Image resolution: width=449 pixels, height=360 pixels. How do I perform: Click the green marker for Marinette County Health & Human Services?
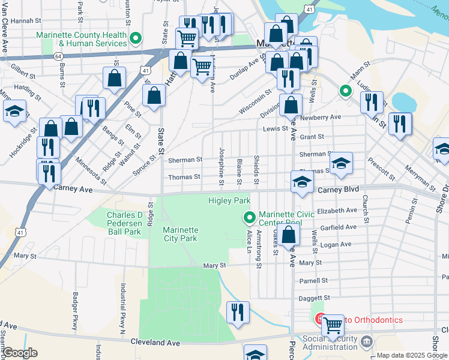pyautogui.click(x=136, y=39)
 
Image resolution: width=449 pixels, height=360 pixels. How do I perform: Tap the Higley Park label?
pyautogui.click(x=229, y=200)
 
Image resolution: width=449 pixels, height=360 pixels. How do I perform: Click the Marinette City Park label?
pyautogui.click(x=180, y=233)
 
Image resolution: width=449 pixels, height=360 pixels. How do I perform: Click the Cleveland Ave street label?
pyautogui.click(x=155, y=343)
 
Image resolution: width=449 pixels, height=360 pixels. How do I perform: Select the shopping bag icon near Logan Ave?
pyautogui.click(x=289, y=234)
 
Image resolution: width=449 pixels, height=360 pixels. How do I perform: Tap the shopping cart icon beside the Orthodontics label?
pyautogui.click(x=333, y=325)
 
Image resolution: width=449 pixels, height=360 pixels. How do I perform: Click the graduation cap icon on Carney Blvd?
pyautogui.click(x=302, y=182)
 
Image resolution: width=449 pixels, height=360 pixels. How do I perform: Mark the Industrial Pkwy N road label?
pyautogui.click(x=122, y=309)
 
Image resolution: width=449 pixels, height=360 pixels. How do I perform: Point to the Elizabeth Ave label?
pyautogui.click(x=337, y=211)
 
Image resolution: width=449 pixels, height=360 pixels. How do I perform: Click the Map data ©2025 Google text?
pyautogui.click(x=412, y=355)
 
